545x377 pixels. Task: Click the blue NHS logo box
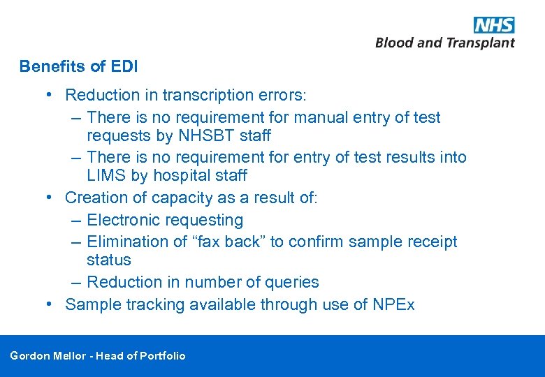(494, 25)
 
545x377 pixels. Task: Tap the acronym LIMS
(106, 175)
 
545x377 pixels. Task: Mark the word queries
(290, 282)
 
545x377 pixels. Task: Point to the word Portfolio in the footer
(163, 356)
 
